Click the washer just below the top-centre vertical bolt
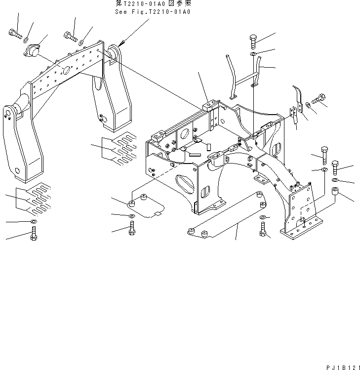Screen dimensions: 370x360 (253, 53)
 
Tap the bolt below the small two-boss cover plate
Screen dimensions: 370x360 (131, 229)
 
